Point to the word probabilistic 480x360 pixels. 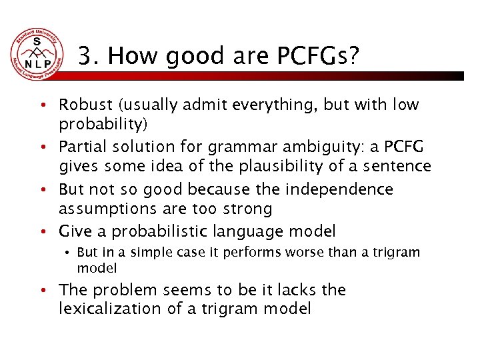point(163,232)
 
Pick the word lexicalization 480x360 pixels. point(106,309)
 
